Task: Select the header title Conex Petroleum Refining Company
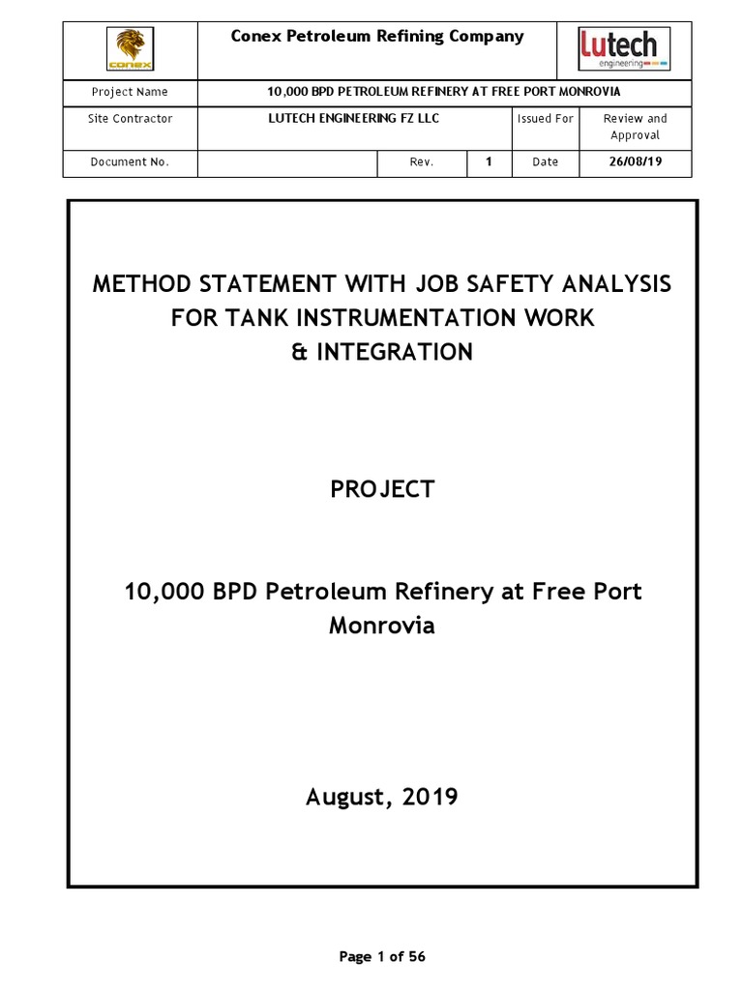pyautogui.click(x=376, y=37)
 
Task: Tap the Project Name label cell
pyautogui.click(x=130, y=92)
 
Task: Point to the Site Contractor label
pyautogui.click(x=130, y=119)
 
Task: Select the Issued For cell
pyautogui.click(x=545, y=119)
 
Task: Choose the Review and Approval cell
pyautogui.click(x=635, y=127)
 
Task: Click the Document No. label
pyautogui.click(x=130, y=162)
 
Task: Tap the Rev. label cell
pyautogui.click(x=421, y=162)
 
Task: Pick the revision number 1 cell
pyautogui.click(x=490, y=162)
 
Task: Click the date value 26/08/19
pyautogui.click(x=635, y=162)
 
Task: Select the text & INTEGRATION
pyautogui.click(x=382, y=352)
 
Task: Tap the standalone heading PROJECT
pyautogui.click(x=382, y=489)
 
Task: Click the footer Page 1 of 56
pyautogui.click(x=382, y=957)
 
